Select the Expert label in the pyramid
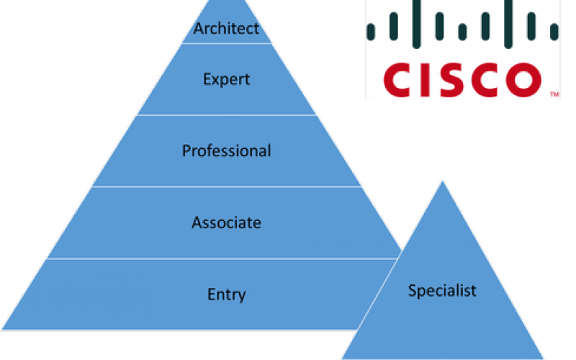[x=226, y=79]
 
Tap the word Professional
[x=226, y=150]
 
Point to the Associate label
[x=226, y=222]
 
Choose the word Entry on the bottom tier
[x=226, y=294]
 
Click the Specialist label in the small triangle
[x=442, y=291]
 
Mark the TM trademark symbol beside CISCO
[x=554, y=94]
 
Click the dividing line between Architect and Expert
[x=226, y=44]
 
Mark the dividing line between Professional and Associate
[x=226, y=186]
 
